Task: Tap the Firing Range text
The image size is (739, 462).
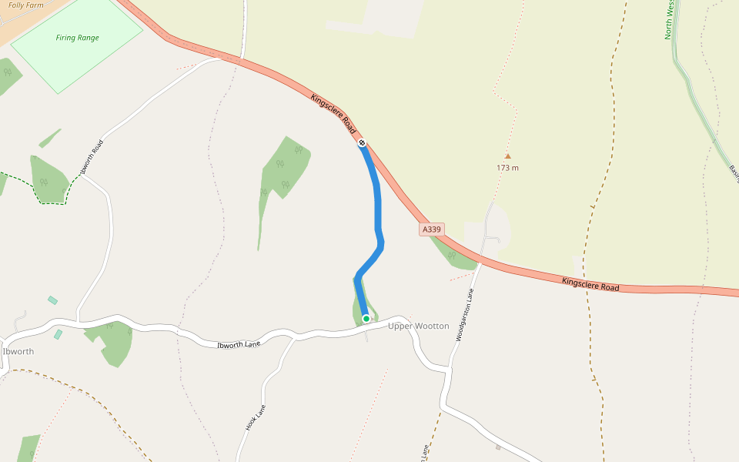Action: [x=77, y=38]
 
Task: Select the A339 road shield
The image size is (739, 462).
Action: [x=432, y=229]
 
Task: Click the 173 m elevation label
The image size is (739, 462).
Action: [x=507, y=168]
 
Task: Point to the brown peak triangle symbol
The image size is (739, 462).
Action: [x=507, y=156]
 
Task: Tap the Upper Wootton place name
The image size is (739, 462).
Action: [x=418, y=326]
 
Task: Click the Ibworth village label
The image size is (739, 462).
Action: [x=18, y=351]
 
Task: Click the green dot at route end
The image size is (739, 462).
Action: [x=366, y=318]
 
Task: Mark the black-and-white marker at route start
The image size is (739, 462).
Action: [x=362, y=142]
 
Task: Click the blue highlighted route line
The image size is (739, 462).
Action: [x=377, y=208]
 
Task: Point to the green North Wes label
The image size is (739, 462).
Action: [x=670, y=20]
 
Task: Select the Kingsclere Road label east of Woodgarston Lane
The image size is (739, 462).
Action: [x=590, y=284]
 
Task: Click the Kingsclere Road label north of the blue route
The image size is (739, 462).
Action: [x=334, y=113]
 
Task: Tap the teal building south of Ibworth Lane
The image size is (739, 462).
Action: [x=59, y=334]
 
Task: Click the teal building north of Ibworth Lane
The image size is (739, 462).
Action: [x=52, y=300]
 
